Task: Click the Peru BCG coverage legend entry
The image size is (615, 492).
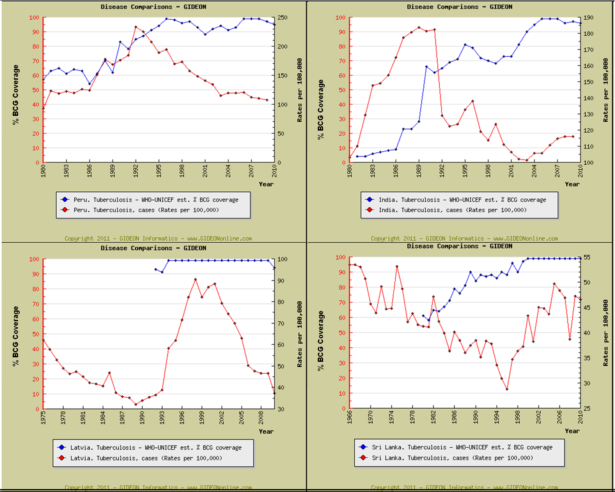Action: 156,200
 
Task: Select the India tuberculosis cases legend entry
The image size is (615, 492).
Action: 452,210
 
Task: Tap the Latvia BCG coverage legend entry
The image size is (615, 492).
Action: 156,448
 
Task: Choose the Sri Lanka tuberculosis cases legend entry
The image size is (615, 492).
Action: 452,458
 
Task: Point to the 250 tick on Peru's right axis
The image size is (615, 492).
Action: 282,18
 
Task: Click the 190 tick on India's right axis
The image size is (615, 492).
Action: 588,18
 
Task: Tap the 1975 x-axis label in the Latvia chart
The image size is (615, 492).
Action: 44,417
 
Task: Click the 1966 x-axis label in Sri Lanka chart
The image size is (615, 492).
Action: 349,417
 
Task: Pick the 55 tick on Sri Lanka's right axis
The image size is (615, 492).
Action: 587,257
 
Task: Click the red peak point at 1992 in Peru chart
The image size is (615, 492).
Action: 136,27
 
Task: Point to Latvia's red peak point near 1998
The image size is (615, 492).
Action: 195,280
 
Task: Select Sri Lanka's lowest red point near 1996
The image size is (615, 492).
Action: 507,389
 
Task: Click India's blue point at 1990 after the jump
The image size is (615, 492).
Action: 427,67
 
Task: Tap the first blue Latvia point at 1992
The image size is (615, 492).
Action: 156,269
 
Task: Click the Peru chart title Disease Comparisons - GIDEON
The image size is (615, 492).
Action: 154,7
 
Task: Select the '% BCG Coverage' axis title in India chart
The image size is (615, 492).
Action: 321,109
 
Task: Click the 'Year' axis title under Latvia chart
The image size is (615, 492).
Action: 266,431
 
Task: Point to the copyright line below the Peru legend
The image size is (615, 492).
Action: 158,239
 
